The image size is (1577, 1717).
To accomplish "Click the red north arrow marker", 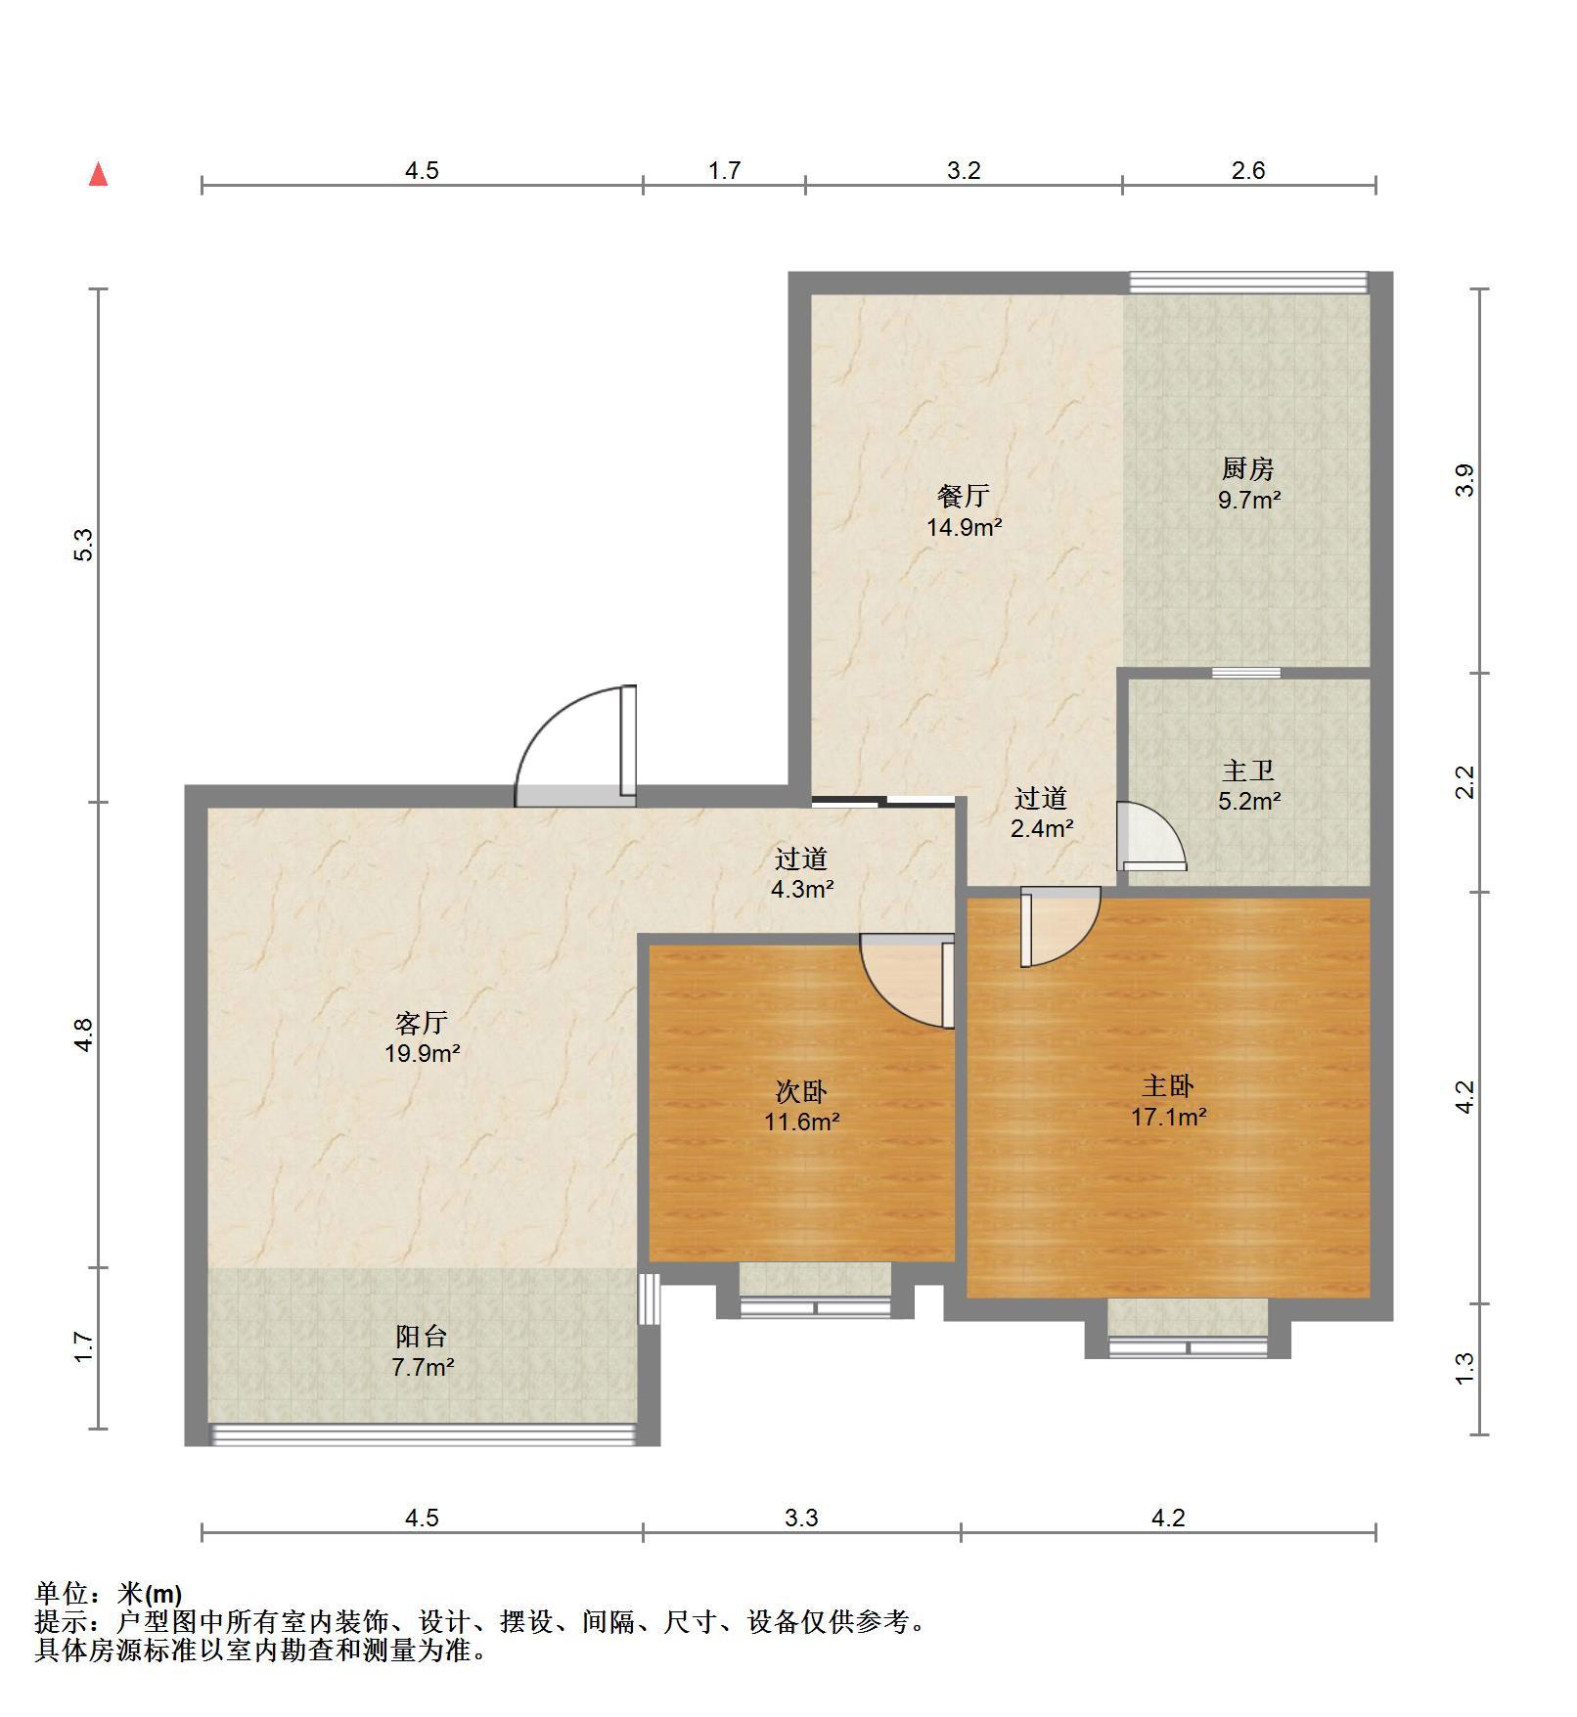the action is (x=98, y=175).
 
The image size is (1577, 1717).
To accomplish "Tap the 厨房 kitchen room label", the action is (x=1248, y=469).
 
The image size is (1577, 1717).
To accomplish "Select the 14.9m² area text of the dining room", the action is (x=965, y=528).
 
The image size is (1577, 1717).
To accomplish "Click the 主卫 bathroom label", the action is (x=1248, y=770).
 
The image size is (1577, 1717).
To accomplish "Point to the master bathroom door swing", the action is (x=1151, y=836).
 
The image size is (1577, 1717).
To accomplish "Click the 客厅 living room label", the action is (x=422, y=1023).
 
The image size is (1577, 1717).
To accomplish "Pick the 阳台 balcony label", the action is (x=422, y=1336).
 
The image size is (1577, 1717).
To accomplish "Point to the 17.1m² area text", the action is (x=1169, y=1117).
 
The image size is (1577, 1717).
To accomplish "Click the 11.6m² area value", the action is (x=802, y=1122).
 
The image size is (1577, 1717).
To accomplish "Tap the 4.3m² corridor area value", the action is (x=802, y=890).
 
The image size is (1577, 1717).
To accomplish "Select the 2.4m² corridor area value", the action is (x=1042, y=829).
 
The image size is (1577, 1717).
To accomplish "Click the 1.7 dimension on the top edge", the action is (x=724, y=171).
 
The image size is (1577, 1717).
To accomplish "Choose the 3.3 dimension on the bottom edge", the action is (x=801, y=1518).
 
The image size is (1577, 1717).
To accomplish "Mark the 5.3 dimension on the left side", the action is (x=84, y=545).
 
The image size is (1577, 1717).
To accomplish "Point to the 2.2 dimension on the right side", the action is (x=1464, y=782).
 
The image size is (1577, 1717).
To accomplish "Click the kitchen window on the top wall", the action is (x=1248, y=283).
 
